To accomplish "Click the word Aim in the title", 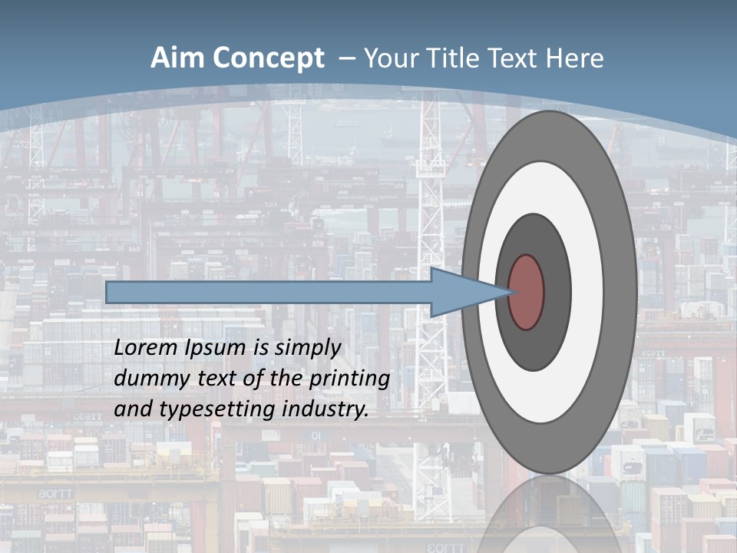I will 177,58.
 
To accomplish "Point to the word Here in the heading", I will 575,58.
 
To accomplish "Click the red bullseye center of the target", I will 526,292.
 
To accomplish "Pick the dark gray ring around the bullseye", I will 553,292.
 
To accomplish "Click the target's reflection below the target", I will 549,515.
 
